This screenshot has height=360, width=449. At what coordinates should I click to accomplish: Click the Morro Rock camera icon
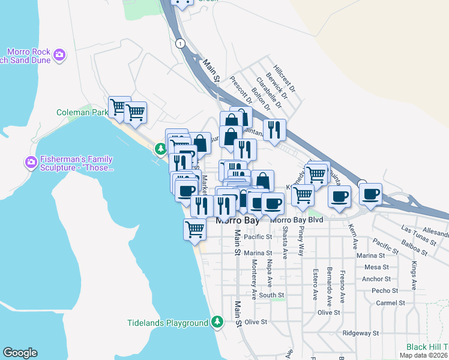click(x=59, y=55)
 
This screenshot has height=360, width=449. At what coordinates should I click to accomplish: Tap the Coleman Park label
click(x=82, y=112)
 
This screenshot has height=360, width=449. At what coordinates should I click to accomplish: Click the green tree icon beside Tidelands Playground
click(x=217, y=323)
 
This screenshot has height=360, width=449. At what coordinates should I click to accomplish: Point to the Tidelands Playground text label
click(x=167, y=323)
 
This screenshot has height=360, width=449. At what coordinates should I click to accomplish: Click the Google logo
click(x=20, y=353)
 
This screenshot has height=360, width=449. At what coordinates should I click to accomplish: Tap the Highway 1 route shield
click(x=179, y=43)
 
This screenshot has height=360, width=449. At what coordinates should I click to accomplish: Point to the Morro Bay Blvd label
click(x=297, y=220)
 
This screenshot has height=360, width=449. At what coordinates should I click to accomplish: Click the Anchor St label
click(x=376, y=279)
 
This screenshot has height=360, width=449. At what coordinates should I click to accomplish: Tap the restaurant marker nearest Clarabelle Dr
click(x=274, y=130)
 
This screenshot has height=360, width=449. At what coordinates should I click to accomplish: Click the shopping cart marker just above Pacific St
click(x=194, y=229)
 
